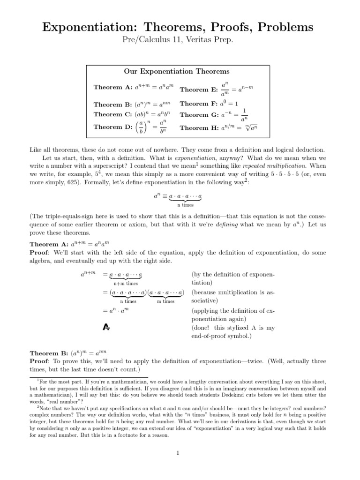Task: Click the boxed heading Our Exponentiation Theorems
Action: (177, 71)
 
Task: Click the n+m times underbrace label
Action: (126, 283)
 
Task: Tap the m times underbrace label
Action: (165, 301)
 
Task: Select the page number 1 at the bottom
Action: (178, 452)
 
